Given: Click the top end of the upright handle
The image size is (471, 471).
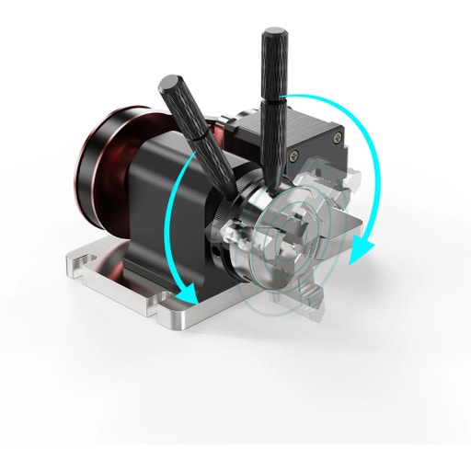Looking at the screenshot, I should point(273,36).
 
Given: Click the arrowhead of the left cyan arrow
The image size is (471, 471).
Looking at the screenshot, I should point(190,295).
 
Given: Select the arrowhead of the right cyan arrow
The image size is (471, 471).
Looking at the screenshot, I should point(362,247).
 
